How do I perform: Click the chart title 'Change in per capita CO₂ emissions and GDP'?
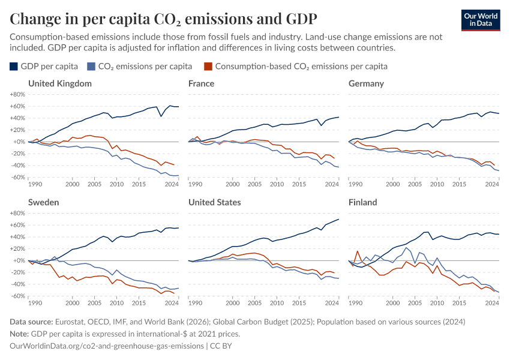163,19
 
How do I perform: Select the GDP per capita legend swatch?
14,66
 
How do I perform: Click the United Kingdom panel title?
60,83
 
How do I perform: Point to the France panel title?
201,83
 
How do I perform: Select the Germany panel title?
366,83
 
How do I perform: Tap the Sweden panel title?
44,202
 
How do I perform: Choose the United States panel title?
215,202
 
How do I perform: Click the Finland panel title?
363,202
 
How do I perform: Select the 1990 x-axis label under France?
195,184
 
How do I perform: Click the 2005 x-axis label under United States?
254,303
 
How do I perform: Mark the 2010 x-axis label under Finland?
437,303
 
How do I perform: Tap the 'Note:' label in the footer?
21,334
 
